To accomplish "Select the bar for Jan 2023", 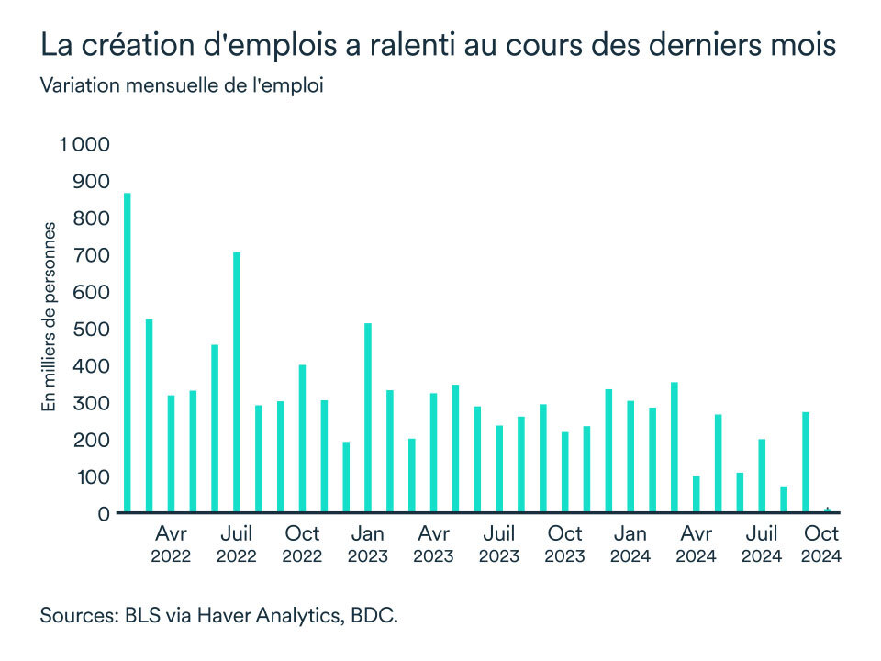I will pyautogui.click(x=368, y=418).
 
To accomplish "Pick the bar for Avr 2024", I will pyautogui.click(x=697, y=494).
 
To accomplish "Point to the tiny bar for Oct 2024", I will pyautogui.click(x=828, y=510).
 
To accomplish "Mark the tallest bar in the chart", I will pyautogui.click(x=128, y=353).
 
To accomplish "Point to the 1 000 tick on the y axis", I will pyautogui.click(x=84, y=145).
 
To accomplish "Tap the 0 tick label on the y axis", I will pyautogui.click(x=105, y=514).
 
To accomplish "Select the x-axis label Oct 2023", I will pyautogui.click(x=565, y=543).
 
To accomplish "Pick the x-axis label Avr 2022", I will pyautogui.click(x=172, y=543).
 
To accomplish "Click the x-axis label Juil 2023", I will pyautogui.click(x=499, y=543).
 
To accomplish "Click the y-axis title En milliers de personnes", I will pyautogui.click(x=50, y=317).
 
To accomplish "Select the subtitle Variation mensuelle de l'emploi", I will pyautogui.click(x=183, y=86).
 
